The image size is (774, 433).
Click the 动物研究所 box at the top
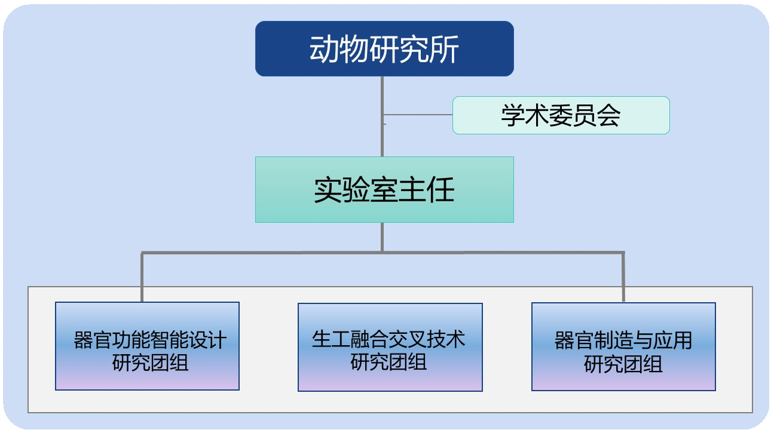click(384, 48)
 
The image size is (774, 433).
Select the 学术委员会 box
click(561, 115)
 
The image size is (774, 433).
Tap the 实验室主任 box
click(384, 189)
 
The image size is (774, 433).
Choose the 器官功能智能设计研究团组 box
click(147, 346)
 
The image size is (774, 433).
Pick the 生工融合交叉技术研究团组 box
click(390, 347)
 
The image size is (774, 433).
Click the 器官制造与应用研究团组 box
click(623, 346)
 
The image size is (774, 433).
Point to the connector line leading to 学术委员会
click(418, 115)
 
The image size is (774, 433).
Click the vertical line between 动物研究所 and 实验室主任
click(383, 137)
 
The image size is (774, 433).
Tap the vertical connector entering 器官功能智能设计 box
click(142, 278)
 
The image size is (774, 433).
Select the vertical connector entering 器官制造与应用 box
click(623, 278)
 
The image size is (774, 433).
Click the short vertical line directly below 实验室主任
click(383, 237)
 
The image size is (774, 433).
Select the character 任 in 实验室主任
click(442, 190)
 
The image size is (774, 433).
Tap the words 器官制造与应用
click(623, 340)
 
